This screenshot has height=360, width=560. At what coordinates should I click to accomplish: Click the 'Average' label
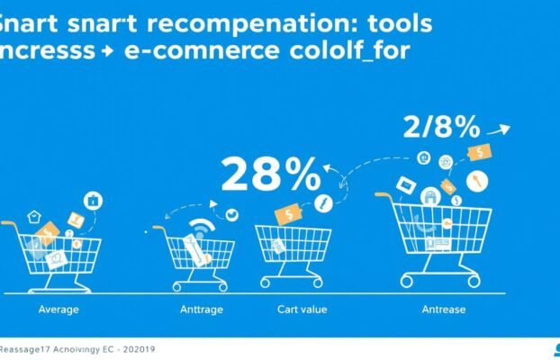[x=58, y=310]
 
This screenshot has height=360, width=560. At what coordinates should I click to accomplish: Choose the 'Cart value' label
[x=302, y=310]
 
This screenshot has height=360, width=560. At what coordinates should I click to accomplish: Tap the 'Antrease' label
[x=444, y=310]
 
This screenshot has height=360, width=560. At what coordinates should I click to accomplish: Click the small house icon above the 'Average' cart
[x=35, y=216]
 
